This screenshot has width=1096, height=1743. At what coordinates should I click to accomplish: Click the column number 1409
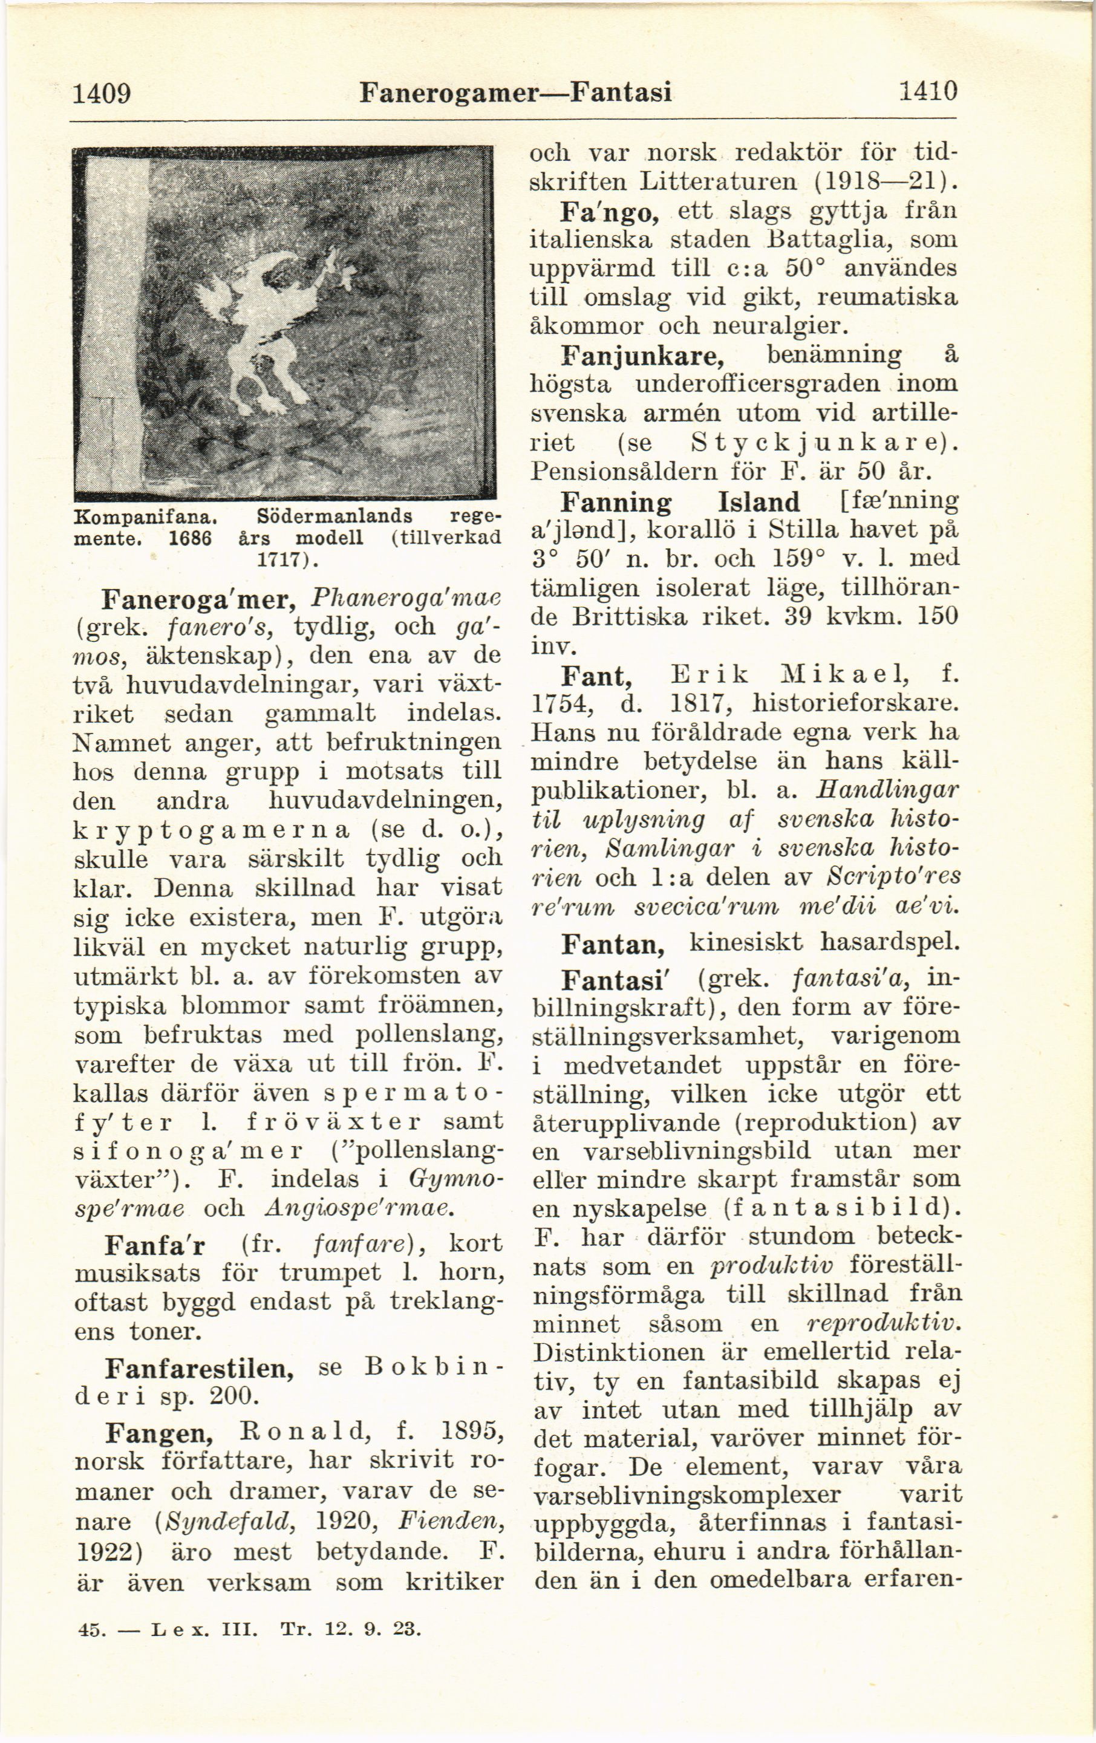(102, 93)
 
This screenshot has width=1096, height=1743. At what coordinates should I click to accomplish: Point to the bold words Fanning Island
(680, 503)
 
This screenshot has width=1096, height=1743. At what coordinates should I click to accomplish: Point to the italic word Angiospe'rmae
(360, 1208)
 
